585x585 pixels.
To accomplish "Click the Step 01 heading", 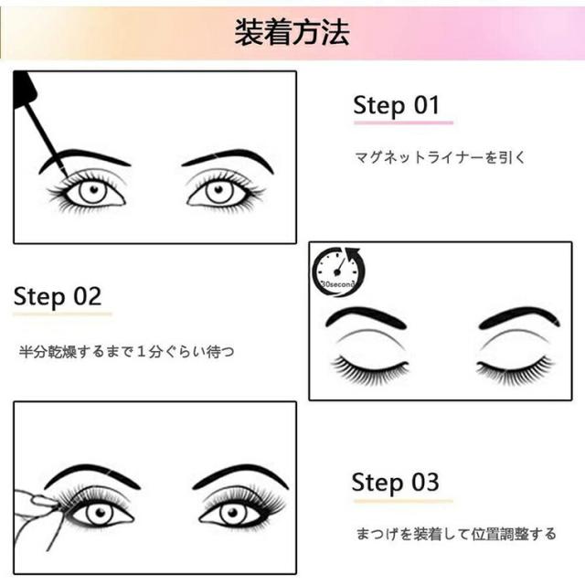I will pos(397,105).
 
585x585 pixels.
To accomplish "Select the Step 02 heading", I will pos(58,297).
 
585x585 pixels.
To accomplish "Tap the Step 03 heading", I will pos(396,482).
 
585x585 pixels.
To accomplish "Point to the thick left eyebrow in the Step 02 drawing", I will pos(367,316).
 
